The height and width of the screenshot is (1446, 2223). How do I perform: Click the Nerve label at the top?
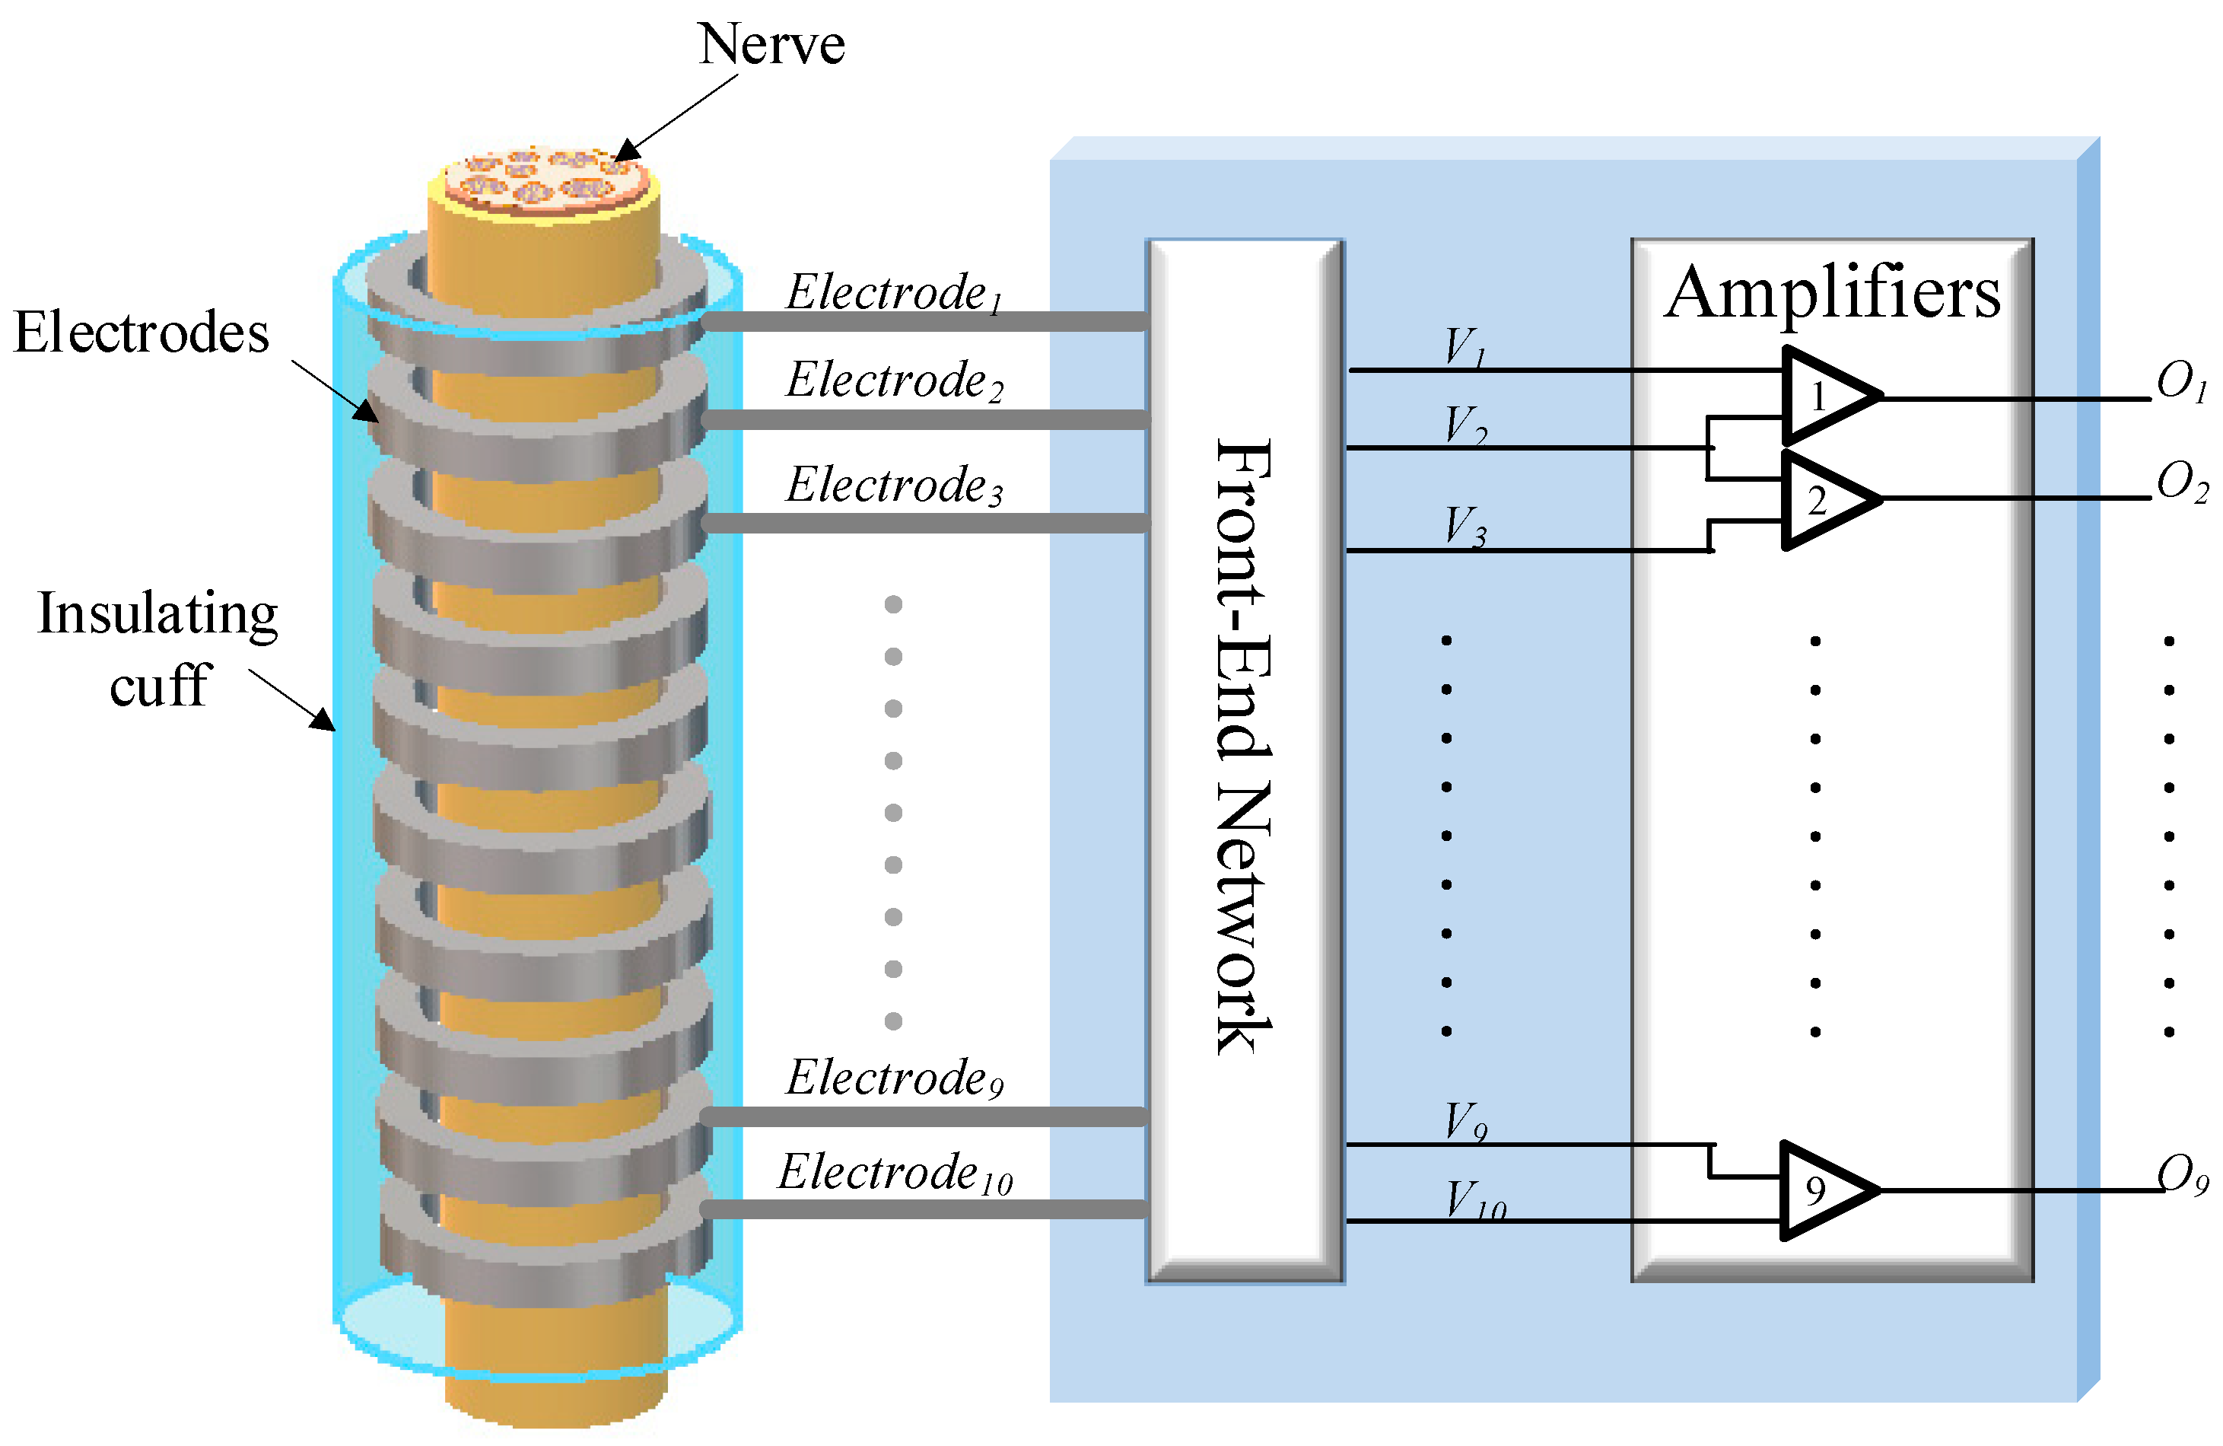click(x=771, y=44)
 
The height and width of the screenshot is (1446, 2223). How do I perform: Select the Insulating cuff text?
click(x=157, y=649)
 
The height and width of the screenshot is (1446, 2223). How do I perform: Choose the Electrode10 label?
click(x=894, y=1174)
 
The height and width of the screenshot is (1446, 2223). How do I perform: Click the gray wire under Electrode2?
click(x=924, y=420)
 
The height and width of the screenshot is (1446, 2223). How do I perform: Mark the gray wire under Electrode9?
click(x=924, y=1116)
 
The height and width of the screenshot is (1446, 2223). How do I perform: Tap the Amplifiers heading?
click(x=1832, y=292)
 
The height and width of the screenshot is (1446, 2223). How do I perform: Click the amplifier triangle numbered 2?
click(x=1826, y=500)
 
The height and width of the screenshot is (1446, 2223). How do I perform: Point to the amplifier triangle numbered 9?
click(x=1824, y=1190)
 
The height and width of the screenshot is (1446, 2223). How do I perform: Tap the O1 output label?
click(x=2181, y=382)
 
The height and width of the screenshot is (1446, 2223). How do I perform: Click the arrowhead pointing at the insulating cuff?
click(x=323, y=720)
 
